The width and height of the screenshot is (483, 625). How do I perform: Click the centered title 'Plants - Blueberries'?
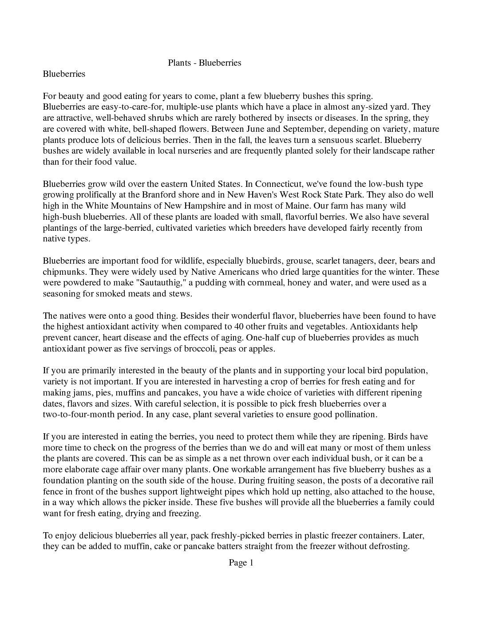tap(204, 63)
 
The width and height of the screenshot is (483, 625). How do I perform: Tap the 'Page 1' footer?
tap(241, 563)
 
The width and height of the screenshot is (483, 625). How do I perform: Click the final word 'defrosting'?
tap(388, 546)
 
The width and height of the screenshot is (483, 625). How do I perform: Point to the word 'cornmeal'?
tap(266, 283)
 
